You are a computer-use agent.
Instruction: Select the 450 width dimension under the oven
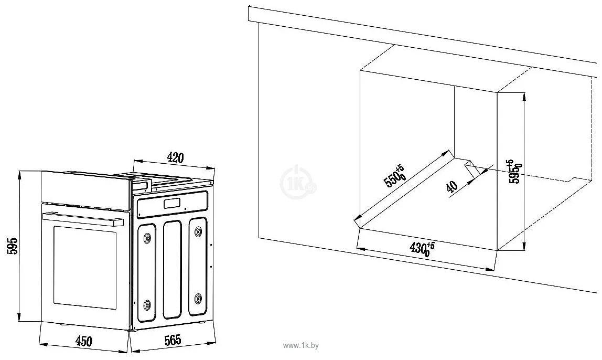pos(83,342)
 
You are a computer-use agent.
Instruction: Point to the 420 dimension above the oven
pos(175,156)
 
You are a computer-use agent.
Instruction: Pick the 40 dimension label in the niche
pos(451,186)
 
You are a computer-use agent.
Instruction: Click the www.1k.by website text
pos(300,346)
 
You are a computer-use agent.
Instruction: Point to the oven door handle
pos(79,217)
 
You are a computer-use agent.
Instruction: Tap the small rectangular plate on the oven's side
pos(172,204)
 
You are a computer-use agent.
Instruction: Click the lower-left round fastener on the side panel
pos(147,304)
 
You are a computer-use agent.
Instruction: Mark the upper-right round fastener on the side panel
pos(199,231)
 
